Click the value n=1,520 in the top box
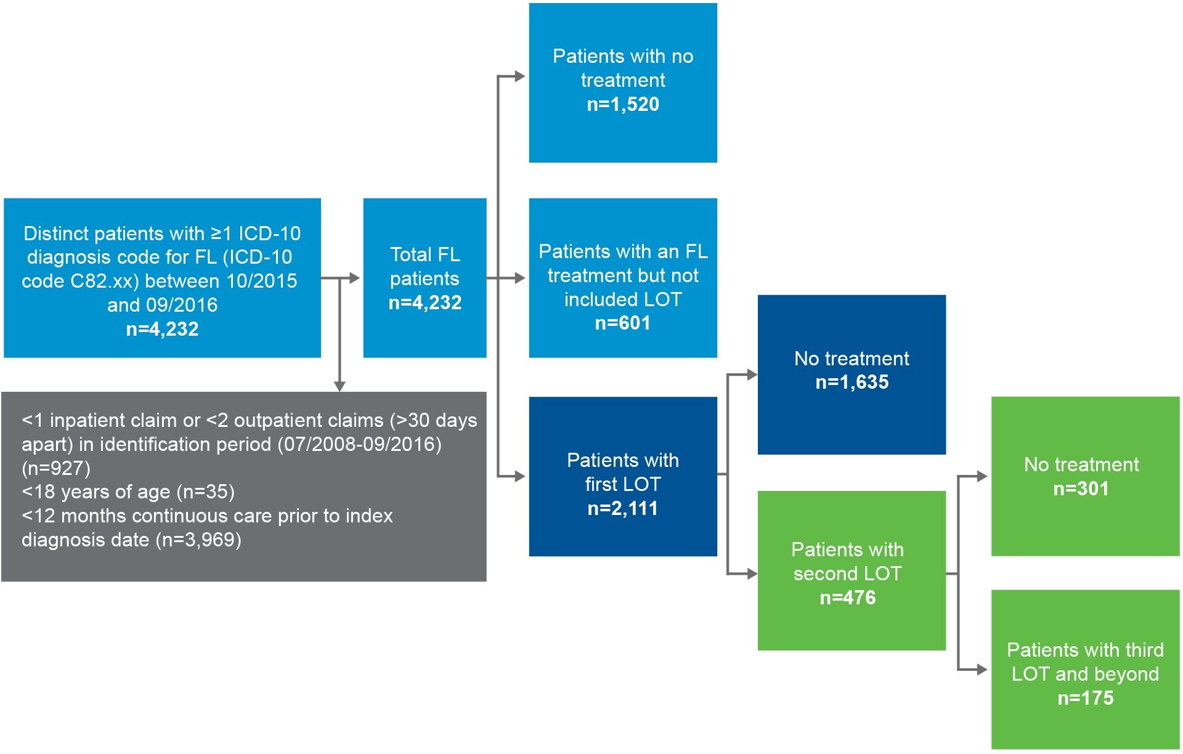(622, 104)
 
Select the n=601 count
(622, 323)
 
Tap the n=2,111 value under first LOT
(622, 508)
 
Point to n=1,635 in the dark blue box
(852, 382)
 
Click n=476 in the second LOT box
(847, 598)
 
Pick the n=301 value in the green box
(1081, 488)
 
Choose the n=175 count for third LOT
(1085, 698)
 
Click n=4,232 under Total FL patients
(425, 302)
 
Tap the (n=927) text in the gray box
(56, 468)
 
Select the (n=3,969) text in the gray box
(198, 540)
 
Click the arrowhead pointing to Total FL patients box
(354, 278)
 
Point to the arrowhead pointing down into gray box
(339, 386)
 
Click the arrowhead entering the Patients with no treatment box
(520, 76)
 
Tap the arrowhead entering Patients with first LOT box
(520, 476)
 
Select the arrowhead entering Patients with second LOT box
(752, 574)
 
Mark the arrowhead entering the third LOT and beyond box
(982, 670)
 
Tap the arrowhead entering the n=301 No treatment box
(982, 476)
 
